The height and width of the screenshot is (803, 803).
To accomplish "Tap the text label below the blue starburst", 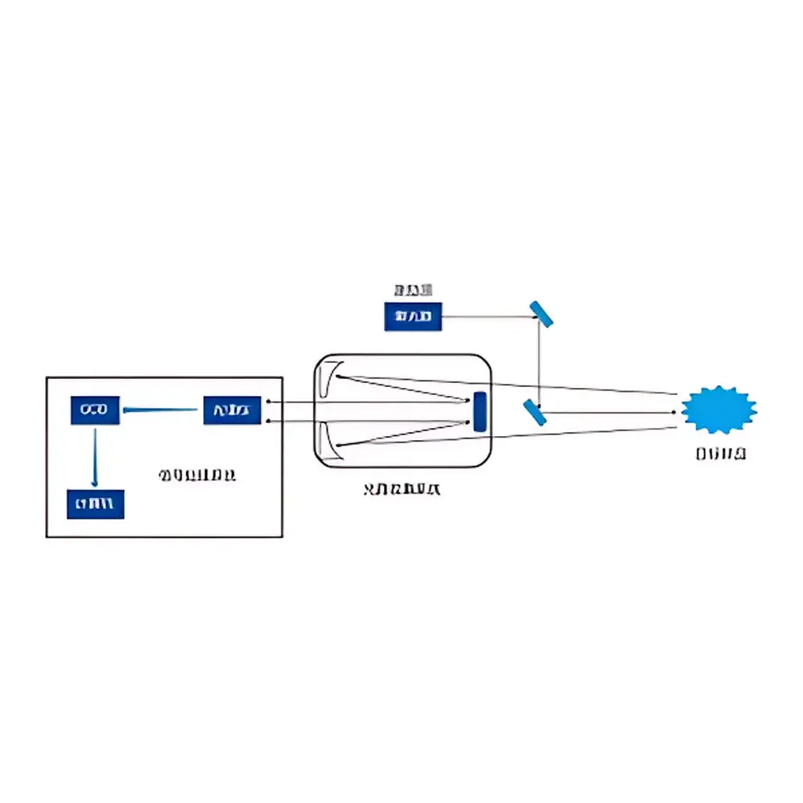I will (721, 454).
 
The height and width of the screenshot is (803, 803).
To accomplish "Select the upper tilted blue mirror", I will (540, 314).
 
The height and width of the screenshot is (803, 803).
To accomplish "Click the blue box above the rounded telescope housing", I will (413, 317).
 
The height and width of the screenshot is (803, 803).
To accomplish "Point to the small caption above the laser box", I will (413, 290).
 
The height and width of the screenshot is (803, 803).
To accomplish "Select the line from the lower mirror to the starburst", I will (610, 412).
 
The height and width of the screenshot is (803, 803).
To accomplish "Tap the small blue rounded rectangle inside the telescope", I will (480, 411).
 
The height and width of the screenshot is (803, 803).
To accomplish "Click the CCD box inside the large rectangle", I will (95, 410).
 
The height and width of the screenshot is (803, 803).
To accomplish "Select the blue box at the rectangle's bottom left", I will (96, 504).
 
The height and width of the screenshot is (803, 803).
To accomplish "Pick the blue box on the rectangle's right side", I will (232, 410).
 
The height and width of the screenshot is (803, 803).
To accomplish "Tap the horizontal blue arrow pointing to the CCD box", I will (161, 411).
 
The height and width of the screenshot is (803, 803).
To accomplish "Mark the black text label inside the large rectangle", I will (197, 475).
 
